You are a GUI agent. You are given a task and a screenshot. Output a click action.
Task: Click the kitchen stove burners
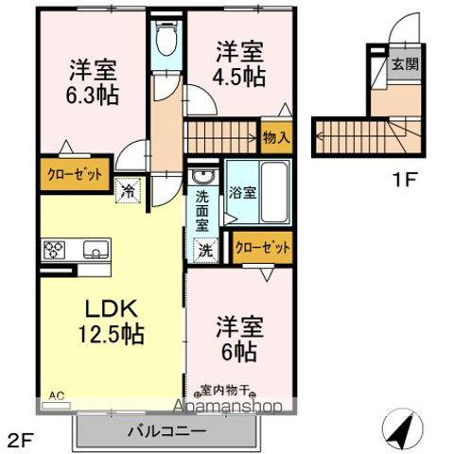[x=53, y=251]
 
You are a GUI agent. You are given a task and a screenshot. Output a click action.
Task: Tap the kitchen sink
[x=95, y=251]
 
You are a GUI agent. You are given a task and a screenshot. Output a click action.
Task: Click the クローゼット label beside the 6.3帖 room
[x=74, y=173]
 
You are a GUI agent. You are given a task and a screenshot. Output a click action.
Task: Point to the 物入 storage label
[x=277, y=138]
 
